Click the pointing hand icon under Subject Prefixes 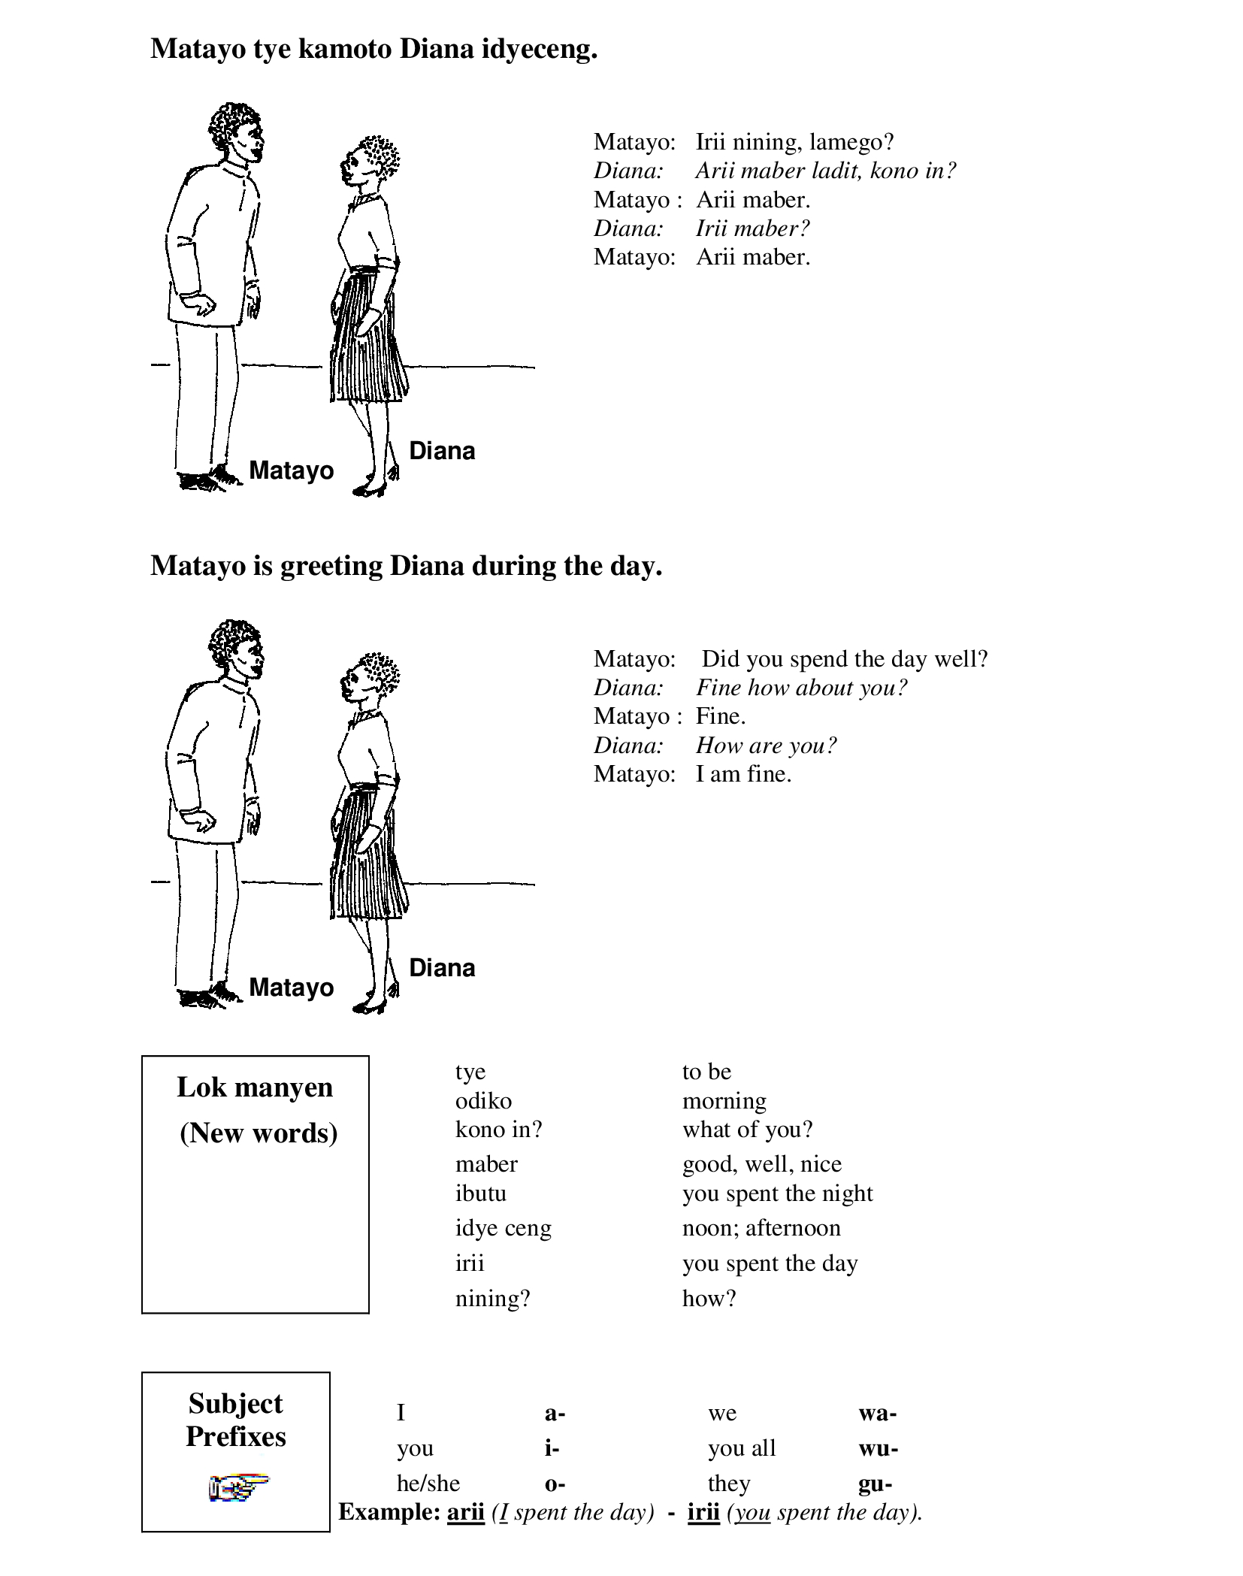238,1488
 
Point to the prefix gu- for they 876,1484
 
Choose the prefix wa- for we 878,1413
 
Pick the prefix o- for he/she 555,1484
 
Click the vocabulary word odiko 483,1101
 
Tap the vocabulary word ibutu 480,1193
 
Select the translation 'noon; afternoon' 761,1228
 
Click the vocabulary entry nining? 492,1299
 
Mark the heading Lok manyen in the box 255,1087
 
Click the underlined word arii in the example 465,1512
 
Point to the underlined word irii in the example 703,1512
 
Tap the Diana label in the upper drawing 442,451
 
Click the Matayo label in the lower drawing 291,987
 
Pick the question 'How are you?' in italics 766,746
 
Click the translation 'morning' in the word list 724,1101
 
